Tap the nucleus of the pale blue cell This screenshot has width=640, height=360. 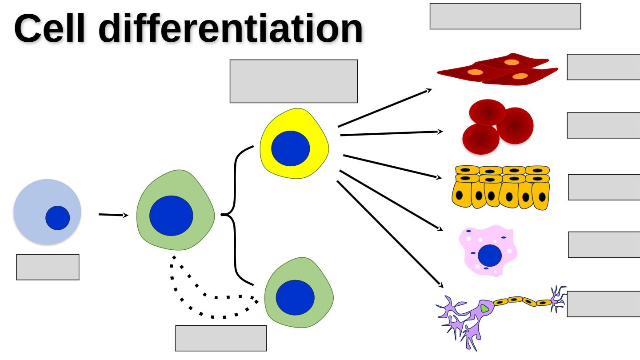tap(57, 218)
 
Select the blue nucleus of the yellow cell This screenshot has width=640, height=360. tap(290, 148)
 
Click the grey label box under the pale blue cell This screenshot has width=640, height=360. tap(48, 267)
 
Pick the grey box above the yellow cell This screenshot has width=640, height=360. tap(293, 81)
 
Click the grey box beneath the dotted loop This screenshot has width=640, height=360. tap(221, 338)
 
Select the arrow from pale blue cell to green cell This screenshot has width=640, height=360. tap(113, 215)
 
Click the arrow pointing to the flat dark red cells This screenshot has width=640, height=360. tap(385, 108)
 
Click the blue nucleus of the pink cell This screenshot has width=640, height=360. tap(490, 256)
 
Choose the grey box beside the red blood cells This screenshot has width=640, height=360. tap(603, 125)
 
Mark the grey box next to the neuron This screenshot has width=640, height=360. tap(603, 304)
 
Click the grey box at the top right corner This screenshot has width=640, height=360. tap(505, 16)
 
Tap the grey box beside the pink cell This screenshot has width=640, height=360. tap(604, 244)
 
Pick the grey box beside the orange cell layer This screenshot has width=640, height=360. tap(604, 187)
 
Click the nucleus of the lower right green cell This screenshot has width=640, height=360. tap(295, 297)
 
